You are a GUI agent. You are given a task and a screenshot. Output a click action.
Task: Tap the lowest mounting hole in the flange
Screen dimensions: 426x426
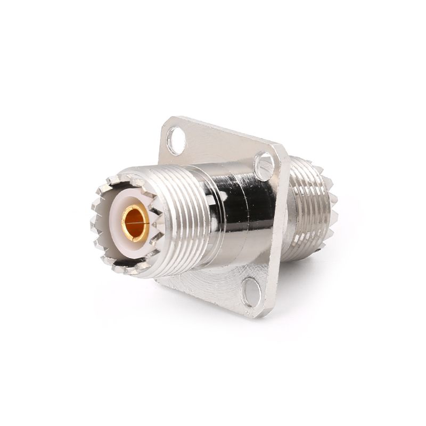[x=251, y=292]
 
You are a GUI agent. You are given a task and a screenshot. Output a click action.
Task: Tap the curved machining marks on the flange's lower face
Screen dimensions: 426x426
[x=213, y=290]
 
